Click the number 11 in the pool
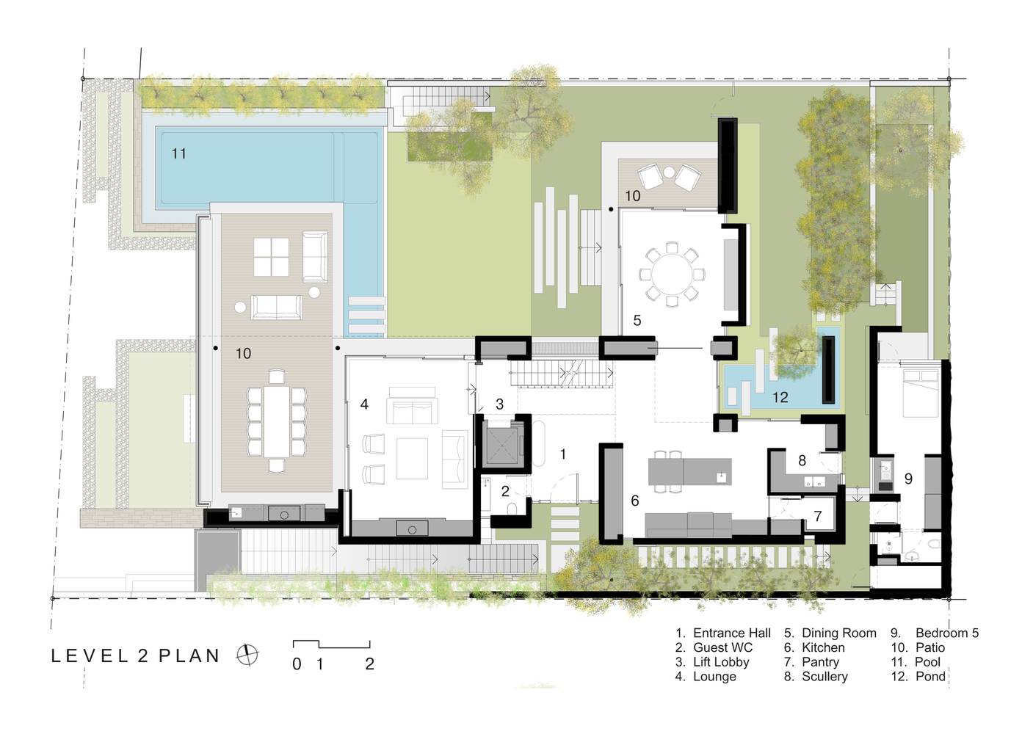(x=179, y=153)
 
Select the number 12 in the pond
(x=780, y=397)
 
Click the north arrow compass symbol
(x=247, y=655)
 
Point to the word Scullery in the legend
(x=825, y=677)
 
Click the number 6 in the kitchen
(x=634, y=501)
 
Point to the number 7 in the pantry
(x=818, y=516)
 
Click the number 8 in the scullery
(x=802, y=461)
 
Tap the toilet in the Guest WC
(x=512, y=509)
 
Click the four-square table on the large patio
(x=271, y=258)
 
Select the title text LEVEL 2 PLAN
(x=135, y=656)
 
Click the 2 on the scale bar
(x=369, y=664)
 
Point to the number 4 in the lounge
(x=364, y=404)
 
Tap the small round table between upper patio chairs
(x=669, y=172)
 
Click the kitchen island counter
(x=690, y=472)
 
